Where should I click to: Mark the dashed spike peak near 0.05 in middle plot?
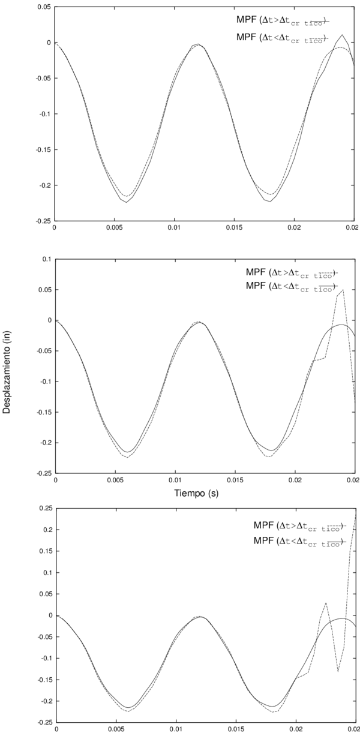343,290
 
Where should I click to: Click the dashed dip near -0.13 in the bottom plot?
338,671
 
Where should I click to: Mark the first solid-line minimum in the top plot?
127,202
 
